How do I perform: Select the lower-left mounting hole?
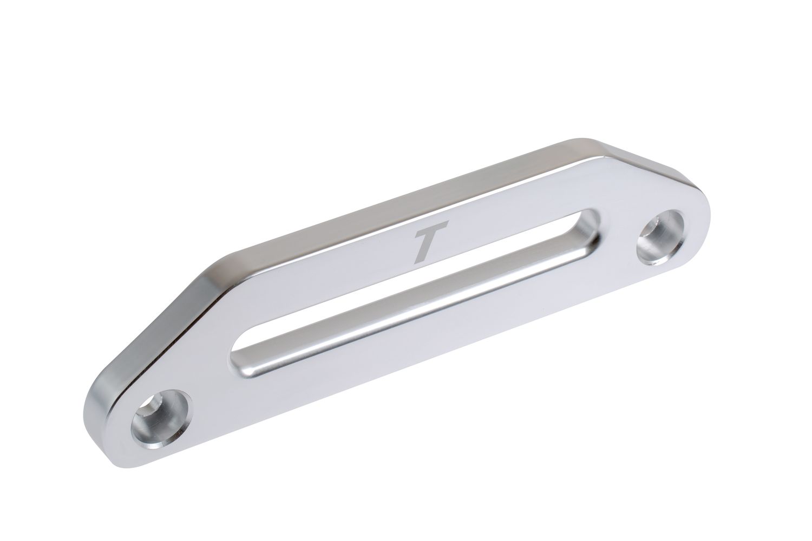click(x=160, y=419)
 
